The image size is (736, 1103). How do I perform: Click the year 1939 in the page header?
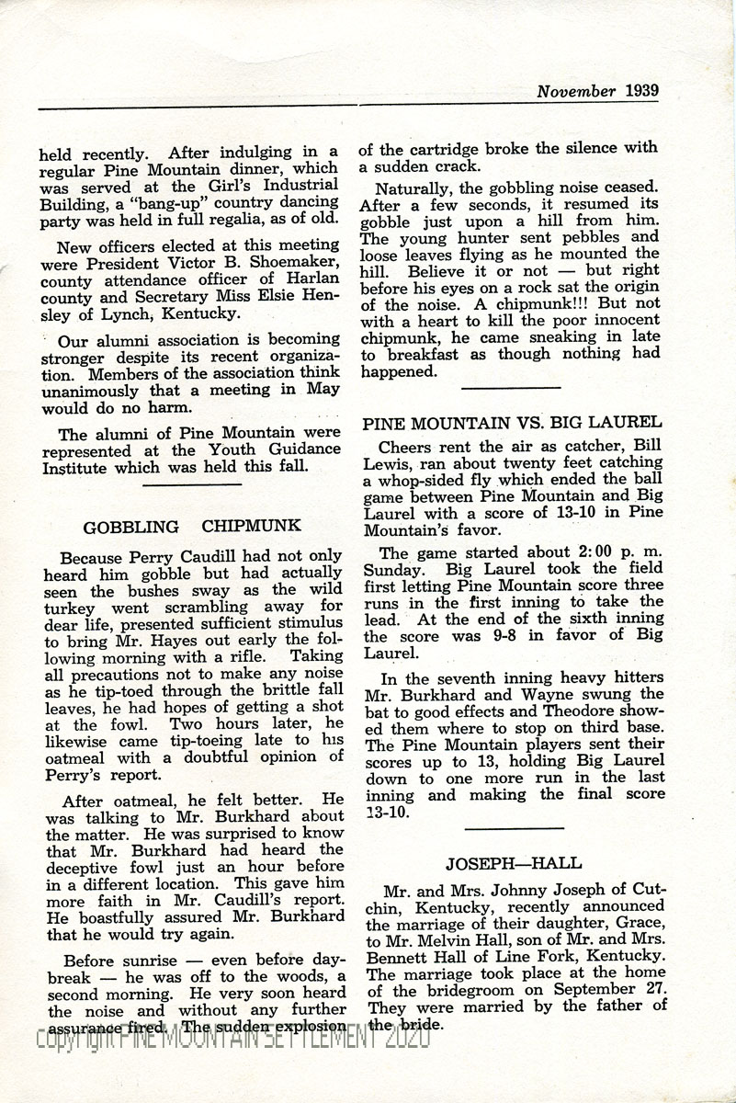641,91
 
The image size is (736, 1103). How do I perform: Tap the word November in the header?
577,91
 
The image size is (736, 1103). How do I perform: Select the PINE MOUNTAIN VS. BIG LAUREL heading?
512,423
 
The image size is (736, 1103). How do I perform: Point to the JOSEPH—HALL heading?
514,863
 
